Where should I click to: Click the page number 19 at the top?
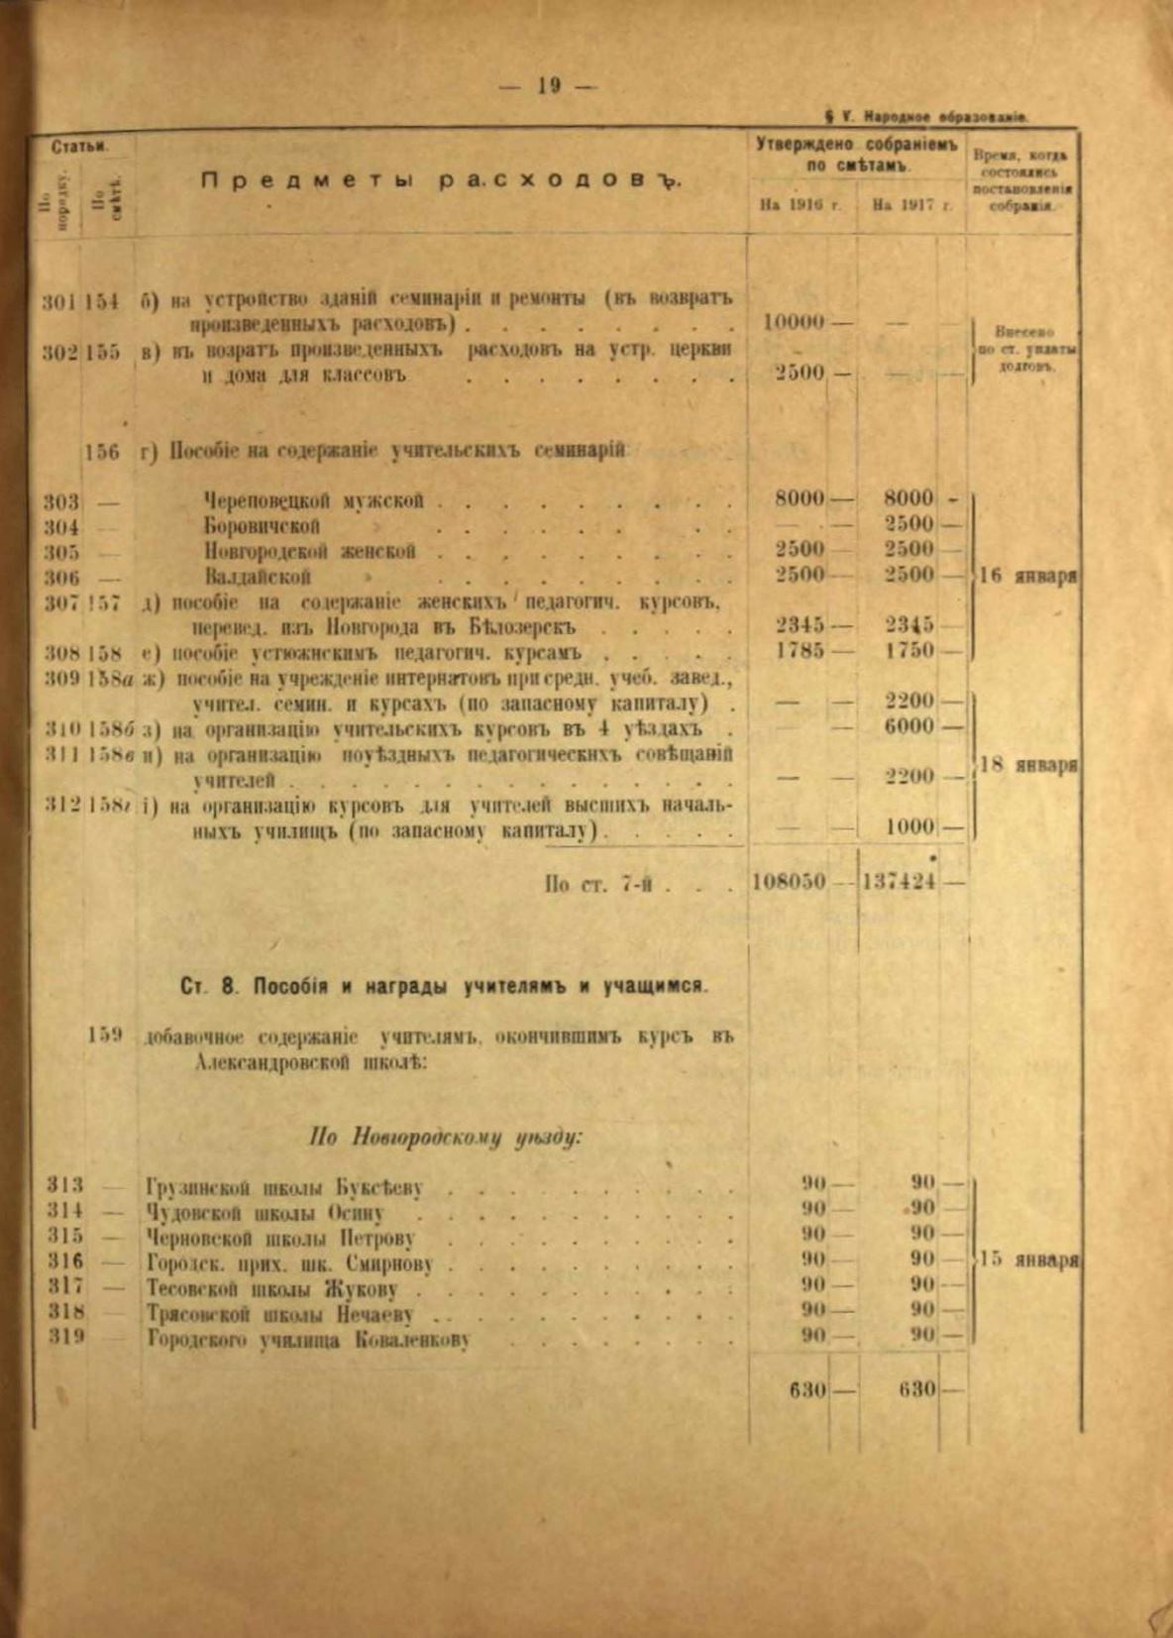pos(550,86)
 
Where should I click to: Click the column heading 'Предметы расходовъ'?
pos(442,181)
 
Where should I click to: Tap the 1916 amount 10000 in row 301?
pos(795,323)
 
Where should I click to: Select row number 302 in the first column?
pos(60,352)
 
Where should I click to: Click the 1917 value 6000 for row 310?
pos(908,726)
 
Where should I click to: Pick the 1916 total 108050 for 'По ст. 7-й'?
pos(790,881)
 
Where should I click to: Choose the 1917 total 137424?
pos(899,881)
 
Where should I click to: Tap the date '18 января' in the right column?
pos(1028,765)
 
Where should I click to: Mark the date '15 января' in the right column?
pos(1028,1260)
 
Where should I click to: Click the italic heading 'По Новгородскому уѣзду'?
pos(446,1138)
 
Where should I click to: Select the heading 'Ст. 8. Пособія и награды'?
pos(446,986)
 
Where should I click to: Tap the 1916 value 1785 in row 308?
pos(800,651)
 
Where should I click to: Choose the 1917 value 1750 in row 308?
pos(908,651)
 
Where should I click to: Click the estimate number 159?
pos(104,1035)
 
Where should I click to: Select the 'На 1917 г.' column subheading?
pos(911,206)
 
